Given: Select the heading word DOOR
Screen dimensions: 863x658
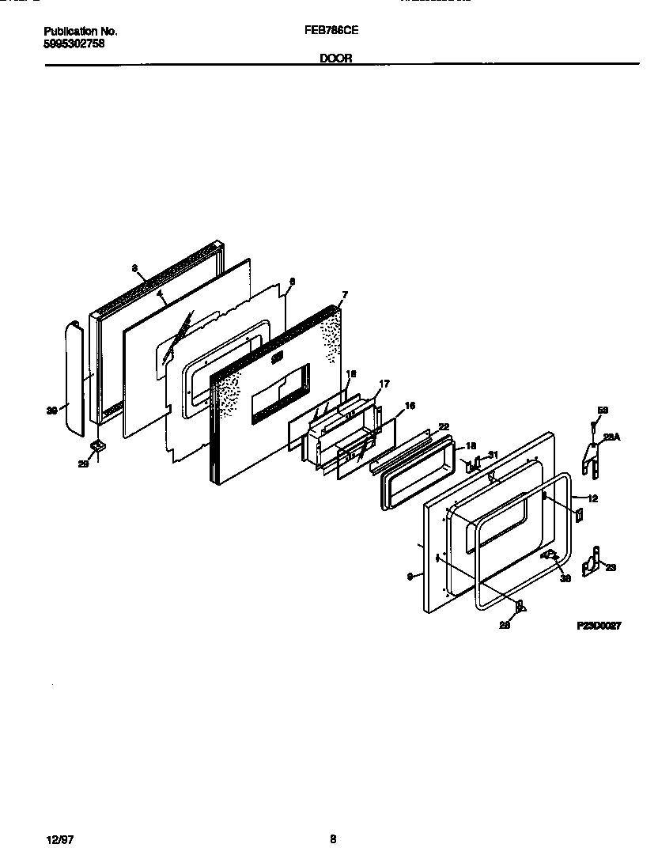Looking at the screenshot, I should (336, 58).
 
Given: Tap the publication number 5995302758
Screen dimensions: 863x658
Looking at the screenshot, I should (74, 44).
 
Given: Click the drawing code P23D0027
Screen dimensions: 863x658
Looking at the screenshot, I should (598, 625).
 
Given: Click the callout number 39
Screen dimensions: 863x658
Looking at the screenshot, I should (53, 410).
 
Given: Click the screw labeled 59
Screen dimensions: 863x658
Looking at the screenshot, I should (592, 427).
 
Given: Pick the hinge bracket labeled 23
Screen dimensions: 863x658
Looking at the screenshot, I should (592, 562).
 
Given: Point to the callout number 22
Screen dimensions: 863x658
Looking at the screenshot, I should (444, 426).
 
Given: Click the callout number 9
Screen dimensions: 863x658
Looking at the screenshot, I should (410, 577).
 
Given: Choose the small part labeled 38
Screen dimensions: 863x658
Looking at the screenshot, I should (548, 555).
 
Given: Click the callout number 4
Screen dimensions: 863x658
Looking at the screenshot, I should (160, 294).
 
